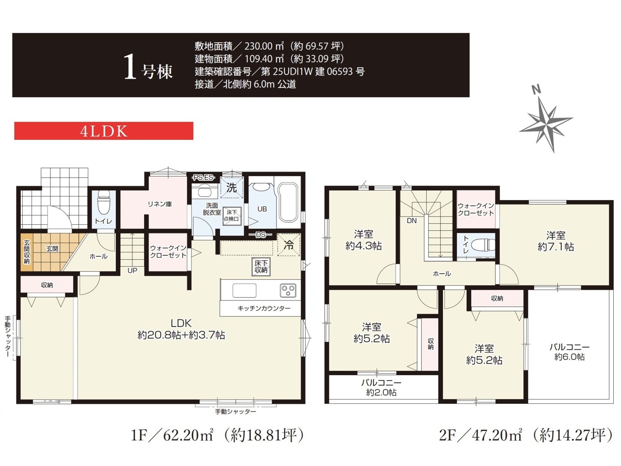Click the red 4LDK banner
tap(103, 131)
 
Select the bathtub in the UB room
tap(288, 202)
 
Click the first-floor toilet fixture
tap(103, 202)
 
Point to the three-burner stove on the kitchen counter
tap(288, 290)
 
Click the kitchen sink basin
tap(245, 290)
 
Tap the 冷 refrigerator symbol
tap(289, 245)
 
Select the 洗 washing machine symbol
tap(232, 187)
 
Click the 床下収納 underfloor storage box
tap(261, 266)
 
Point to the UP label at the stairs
tap(132, 270)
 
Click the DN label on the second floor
tap(411, 220)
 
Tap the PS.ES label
tap(203, 177)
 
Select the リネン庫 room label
tap(160, 204)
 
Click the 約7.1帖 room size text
tap(556, 247)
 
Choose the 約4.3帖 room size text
tap(363, 246)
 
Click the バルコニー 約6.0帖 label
tap(570, 352)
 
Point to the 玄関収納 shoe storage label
tap(27, 252)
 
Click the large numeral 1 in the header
tap(130, 67)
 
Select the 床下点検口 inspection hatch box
tap(232, 216)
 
